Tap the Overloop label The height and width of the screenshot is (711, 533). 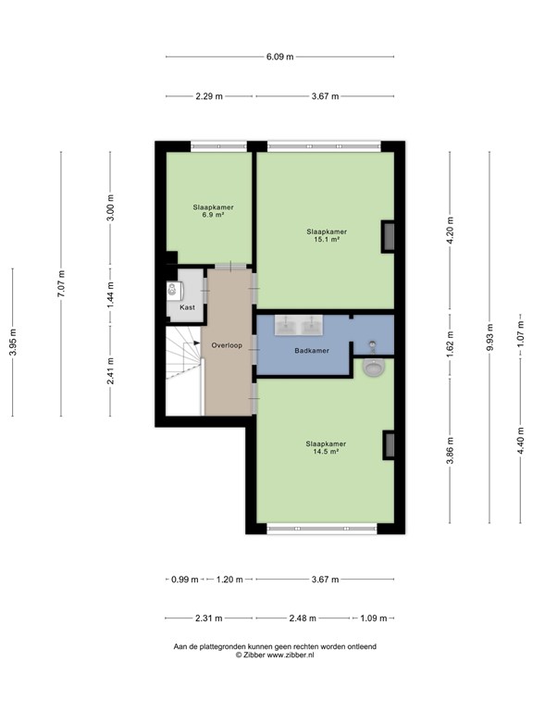pos(226,344)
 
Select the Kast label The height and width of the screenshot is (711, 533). pos(187,306)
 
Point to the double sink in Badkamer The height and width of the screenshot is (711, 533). pos(298,325)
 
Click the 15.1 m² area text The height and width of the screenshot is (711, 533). pos(327,240)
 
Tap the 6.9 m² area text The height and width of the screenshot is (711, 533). pos(213,215)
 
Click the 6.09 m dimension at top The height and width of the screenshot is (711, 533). pos(279,56)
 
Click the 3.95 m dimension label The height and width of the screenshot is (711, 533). pos(13,342)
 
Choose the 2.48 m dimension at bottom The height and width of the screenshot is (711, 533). pos(302,617)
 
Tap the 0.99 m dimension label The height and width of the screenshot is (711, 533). pos(184,580)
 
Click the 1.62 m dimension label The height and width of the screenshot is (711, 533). pos(450,343)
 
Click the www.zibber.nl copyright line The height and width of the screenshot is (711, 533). pos(275,655)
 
